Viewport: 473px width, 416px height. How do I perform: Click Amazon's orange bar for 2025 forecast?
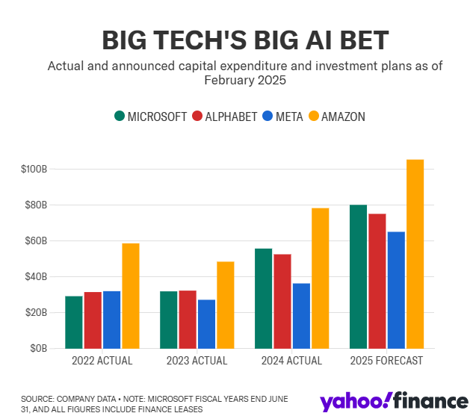415,254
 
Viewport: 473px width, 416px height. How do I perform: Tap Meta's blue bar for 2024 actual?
301,316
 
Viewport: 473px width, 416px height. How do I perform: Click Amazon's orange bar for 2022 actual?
131,296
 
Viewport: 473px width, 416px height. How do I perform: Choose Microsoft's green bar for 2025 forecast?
358,276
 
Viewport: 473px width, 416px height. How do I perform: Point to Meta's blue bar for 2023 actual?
206,324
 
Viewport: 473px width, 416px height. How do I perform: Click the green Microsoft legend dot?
120,117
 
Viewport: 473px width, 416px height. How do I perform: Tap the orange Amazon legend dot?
314,117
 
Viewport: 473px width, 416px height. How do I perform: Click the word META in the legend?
284,117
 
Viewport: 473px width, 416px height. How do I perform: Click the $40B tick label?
37,277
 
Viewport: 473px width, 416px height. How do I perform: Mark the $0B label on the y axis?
39,349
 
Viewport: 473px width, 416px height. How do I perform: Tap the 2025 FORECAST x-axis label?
386,361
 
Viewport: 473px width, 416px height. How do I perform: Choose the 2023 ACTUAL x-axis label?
197,361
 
